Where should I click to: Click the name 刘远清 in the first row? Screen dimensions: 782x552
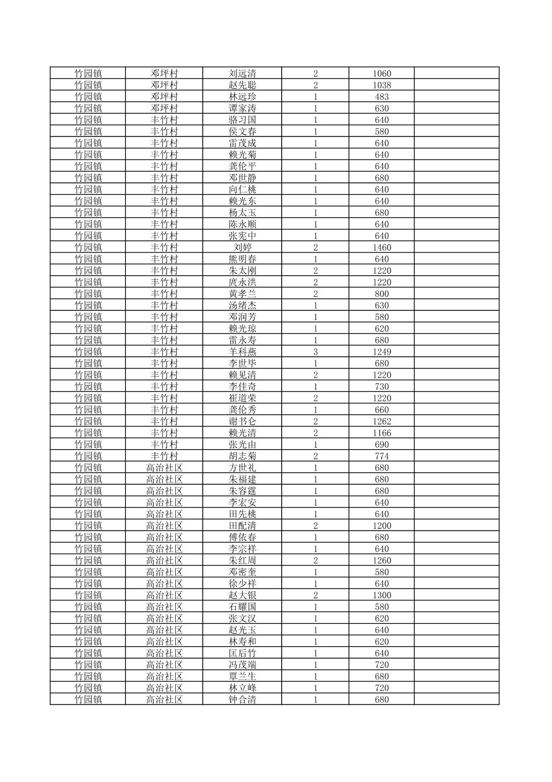pos(242,74)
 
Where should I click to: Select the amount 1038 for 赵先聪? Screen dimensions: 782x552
pos(381,85)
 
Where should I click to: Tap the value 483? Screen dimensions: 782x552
pos(381,97)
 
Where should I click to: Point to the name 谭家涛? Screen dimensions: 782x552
pos(242,109)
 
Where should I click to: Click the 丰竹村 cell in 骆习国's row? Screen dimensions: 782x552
pos(164,120)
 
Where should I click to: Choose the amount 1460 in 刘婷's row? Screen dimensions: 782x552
pos(381,247)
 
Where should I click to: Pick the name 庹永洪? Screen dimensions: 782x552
pos(242,282)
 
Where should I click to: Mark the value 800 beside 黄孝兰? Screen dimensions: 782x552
pos(381,294)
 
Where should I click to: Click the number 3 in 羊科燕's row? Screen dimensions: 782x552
pos(315,352)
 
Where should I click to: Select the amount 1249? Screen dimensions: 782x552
pos(381,352)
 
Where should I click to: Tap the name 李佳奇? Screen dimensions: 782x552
pos(242,386)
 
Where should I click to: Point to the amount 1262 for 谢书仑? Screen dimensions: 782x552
pos(381,421)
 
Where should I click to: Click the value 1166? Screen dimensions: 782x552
pos(381,433)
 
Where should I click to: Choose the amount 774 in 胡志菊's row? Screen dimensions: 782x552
pos(381,456)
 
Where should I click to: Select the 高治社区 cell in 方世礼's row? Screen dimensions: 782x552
pos(164,468)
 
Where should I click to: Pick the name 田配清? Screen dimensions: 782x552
pos(242,525)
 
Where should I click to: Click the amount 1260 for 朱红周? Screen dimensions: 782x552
pos(381,560)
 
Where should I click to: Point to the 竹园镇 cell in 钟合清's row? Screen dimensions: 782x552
pos(88,699)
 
